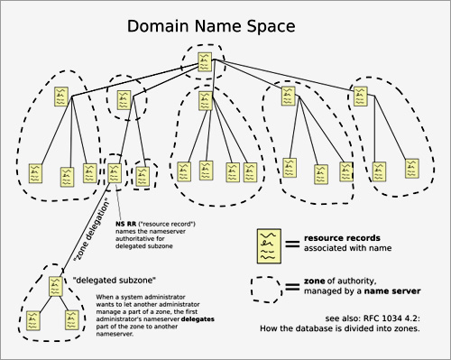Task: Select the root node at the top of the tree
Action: tap(207, 61)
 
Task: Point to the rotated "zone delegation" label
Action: tap(92, 231)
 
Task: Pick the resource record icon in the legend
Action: tap(267, 242)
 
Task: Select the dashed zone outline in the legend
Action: tap(268, 288)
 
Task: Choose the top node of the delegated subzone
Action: tap(53, 288)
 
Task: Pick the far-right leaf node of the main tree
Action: tap(411, 168)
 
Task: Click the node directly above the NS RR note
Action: tap(115, 171)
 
